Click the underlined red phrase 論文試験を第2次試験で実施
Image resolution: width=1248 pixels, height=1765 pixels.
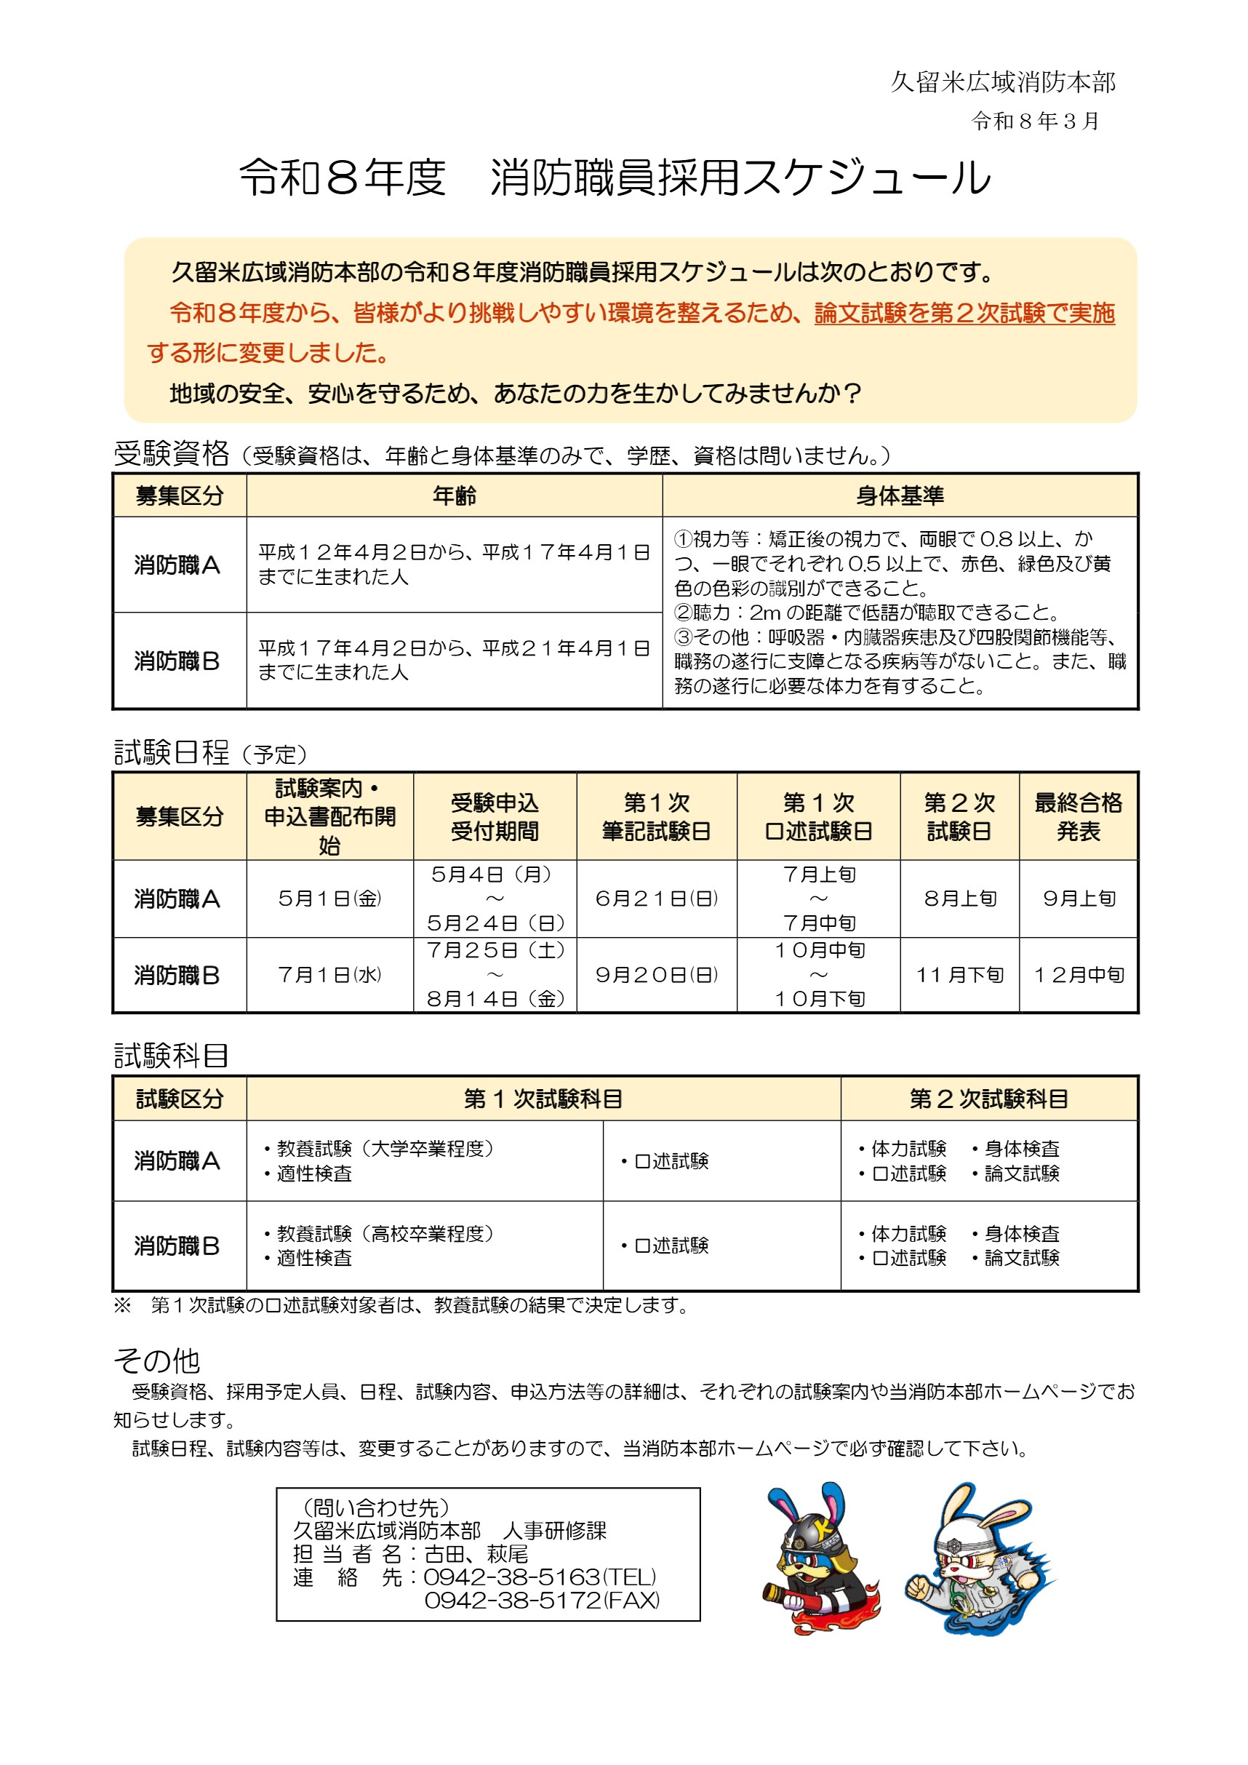(x=964, y=313)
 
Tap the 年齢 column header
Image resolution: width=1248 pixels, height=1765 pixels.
(x=453, y=496)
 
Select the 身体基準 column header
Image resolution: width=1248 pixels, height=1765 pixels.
(x=899, y=496)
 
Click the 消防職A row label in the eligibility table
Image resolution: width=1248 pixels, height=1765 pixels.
(x=177, y=565)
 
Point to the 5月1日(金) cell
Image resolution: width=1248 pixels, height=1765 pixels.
(x=329, y=898)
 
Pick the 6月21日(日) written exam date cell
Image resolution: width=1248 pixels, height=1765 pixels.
(x=656, y=898)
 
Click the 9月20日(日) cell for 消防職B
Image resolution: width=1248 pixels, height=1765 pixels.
(x=656, y=975)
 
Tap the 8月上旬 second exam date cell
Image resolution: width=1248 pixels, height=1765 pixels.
(x=960, y=898)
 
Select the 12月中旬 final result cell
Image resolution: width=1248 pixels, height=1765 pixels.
(x=1078, y=975)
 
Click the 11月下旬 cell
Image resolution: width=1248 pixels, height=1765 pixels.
(x=960, y=975)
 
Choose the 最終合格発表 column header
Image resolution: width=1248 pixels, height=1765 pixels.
(x=1078, y=816)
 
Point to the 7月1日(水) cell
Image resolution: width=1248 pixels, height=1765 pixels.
(x=329, y=975)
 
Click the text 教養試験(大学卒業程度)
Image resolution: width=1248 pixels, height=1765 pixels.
(x=384, y=1149)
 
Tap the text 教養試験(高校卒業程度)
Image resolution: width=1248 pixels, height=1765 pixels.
(x=384, y=1233)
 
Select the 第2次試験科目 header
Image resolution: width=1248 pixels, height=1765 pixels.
(x=988, y=1099)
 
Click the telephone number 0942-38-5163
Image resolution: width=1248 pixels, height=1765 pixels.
(x=513, y=1577)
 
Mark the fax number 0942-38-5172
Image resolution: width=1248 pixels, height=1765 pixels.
(x=513, y=1601)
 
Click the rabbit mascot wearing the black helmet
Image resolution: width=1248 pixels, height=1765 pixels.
(x=817, y=1561)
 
